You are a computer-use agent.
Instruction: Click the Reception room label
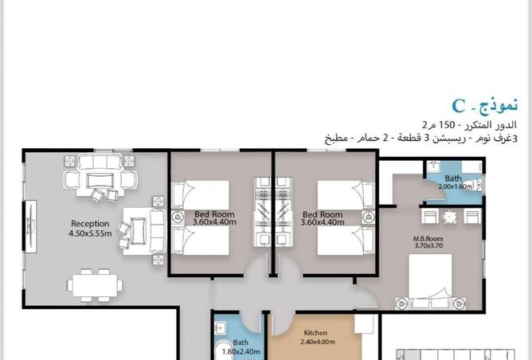[x=90, y=224]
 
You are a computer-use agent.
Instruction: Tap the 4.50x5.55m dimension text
[x=90, y=233]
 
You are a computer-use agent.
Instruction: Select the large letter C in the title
[x=459, y=106]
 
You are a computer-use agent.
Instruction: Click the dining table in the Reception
[x=95, y=285]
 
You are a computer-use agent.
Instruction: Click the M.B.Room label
[x=428, y=238]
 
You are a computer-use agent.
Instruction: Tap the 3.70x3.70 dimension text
[x=428, y=245]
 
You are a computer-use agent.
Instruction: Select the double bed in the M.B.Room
[x=430, y=281]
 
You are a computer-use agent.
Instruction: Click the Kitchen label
[x=315, y=333]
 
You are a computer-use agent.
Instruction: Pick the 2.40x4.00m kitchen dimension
[x=318, y=342]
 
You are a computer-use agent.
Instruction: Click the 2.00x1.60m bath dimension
[x=455, y=186]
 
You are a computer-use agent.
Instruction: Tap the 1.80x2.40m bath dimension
[x=241, y=351]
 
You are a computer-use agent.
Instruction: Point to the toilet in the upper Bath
[x=477, y=185]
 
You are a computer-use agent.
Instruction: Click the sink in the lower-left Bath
[x=221, y=328]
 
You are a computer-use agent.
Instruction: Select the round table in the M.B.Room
[x=450, y=217]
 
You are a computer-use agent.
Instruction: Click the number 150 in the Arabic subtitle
[x=447, y=125]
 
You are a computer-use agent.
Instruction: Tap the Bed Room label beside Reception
[x=214, y=214]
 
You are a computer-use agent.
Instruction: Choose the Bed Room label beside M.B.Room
[x=323, y=214]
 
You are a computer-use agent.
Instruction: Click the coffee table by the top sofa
[x=100, y=181]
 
